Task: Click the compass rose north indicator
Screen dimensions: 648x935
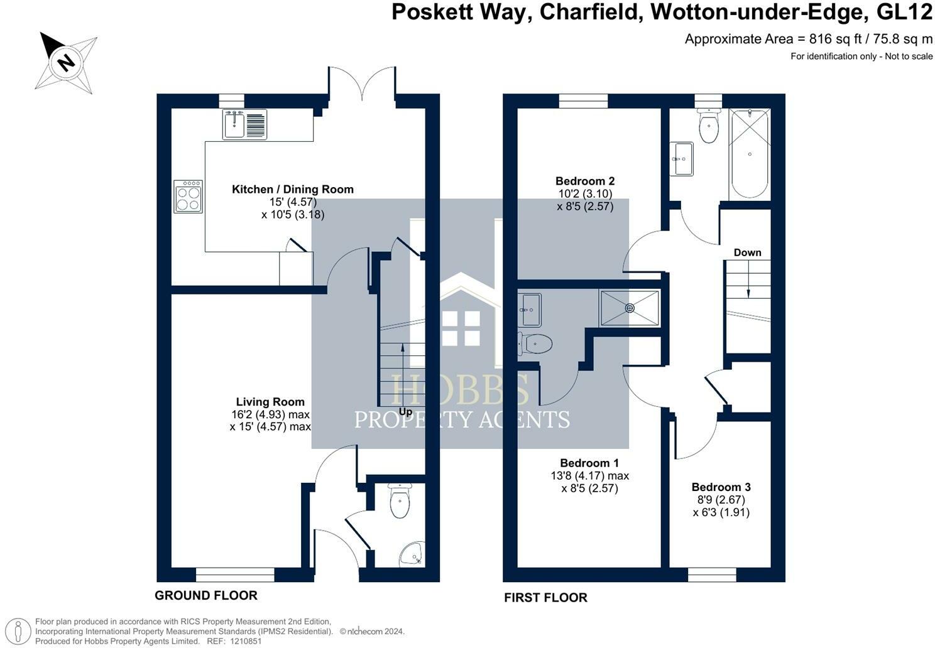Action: [x=65, y=62]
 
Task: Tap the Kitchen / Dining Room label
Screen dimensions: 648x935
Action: [x=293, y=189]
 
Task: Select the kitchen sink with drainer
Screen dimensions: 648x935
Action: [x=244, y=124]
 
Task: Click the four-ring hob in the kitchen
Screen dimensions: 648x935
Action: [x=188, y=197]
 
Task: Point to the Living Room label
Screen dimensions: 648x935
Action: [x=270, y=402]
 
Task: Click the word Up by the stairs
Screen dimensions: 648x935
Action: [x=406, y=412]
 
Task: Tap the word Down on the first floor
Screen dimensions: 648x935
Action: [x=747, y=252]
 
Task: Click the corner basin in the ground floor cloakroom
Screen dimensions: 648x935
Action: [x=411, y=554]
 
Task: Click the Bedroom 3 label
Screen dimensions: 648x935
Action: [x=721, y=487]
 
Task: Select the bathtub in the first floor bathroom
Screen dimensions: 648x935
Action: [x=749, y=154]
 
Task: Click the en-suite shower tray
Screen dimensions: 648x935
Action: [x=629, y=308]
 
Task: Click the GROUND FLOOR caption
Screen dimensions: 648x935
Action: [x=206, y=595]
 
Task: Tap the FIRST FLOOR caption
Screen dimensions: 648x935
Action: [x=545, y=598]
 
